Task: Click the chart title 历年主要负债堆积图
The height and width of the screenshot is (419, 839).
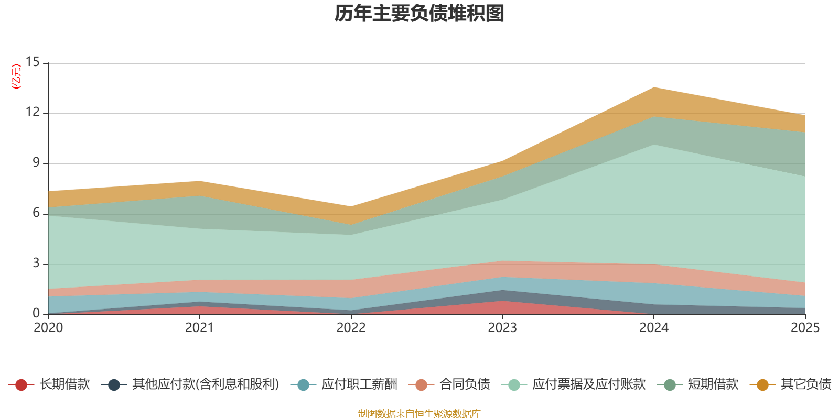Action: coord(419,14)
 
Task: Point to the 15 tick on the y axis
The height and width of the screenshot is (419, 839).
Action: coord(33,62)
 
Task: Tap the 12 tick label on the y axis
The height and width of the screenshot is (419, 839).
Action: coord(33,112)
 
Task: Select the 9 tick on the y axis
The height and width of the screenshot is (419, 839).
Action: coord(36,162)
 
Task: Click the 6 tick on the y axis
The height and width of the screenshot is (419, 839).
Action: coord(36,213)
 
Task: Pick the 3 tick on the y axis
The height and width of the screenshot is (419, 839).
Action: coord(36,263)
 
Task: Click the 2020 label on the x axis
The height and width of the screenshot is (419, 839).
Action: coord(48,328)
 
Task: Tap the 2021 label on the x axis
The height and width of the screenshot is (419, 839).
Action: coord(199,328)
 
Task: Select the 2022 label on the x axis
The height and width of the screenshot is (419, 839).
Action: coord(351,328)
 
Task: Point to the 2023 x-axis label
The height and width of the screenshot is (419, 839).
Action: coord(502,328)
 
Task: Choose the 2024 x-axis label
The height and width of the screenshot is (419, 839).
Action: coord(653,328)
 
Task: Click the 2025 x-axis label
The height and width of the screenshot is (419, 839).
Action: coord(804,328)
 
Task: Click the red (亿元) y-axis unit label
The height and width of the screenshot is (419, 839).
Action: coord(17,76)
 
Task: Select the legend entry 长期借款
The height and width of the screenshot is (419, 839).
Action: coord(64,384)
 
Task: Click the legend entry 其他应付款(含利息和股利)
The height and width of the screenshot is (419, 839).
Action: coord(205,384)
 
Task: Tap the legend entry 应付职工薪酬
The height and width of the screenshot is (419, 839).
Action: coord(359,384)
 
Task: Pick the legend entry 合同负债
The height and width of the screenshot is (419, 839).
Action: coord(465,384)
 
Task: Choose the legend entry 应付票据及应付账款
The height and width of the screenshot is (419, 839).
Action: coord(588,384)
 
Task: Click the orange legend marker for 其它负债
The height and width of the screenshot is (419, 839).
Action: coord(762,385)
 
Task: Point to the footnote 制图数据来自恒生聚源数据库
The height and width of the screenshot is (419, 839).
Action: coord(419,414)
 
